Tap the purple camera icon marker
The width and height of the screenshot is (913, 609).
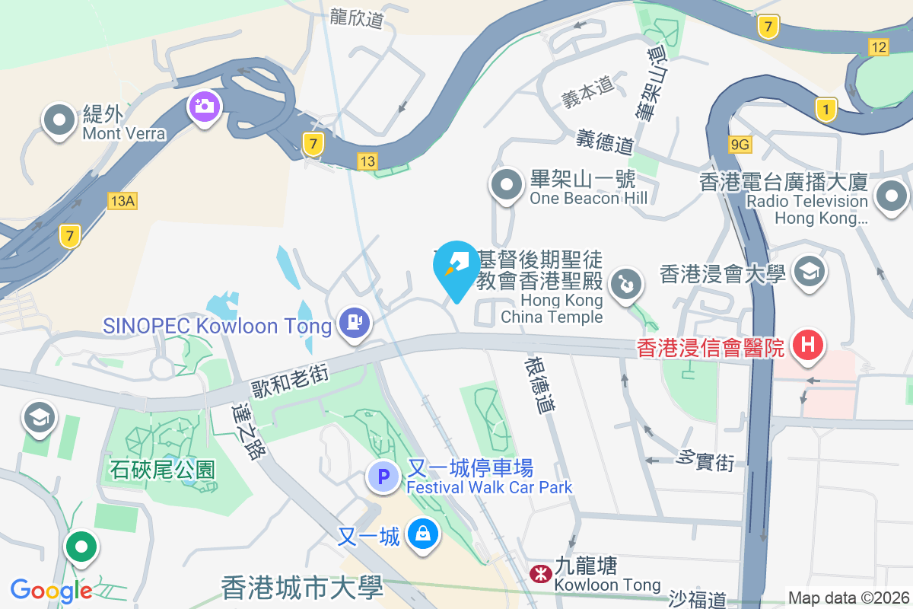pos(204,106)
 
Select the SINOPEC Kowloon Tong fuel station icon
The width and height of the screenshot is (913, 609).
pos(354,322)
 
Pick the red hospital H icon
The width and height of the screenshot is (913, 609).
pos(808,345)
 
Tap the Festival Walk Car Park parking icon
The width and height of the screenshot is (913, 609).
pos(383,477)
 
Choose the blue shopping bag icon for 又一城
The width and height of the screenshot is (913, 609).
pos(422,533)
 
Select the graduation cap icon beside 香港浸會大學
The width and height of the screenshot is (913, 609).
pos(808,271)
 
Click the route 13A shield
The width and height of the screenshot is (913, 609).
pos(122,200)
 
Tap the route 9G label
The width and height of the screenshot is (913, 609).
pos(740,143)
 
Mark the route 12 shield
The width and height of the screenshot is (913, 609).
pos(879,47)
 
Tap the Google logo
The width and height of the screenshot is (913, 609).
pos(51,590)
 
